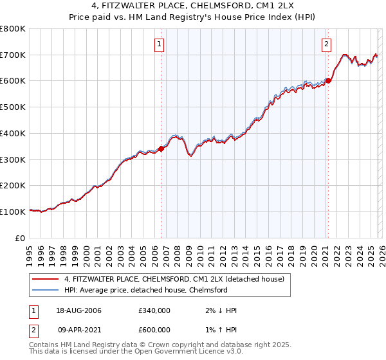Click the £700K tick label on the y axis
pyautogui.click(x=13, y=55)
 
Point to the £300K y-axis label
pyautogui.click(x=13, y=159)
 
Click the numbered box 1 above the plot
pyautogui.click(x=159, y=44)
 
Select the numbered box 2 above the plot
pyautogui.click(x=326, y=44)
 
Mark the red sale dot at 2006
pyautogui.click(x=161, y=148)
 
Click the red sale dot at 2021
pyautogui.click(x=328, y=80)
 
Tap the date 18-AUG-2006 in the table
pyautogui.click(x=78, y=310)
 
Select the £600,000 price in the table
pyautogui.click(x=154, y=330)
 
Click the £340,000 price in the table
pyautogui.click(x=154, y=310)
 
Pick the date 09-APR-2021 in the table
pyautogui.click(x=78, y=330)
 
